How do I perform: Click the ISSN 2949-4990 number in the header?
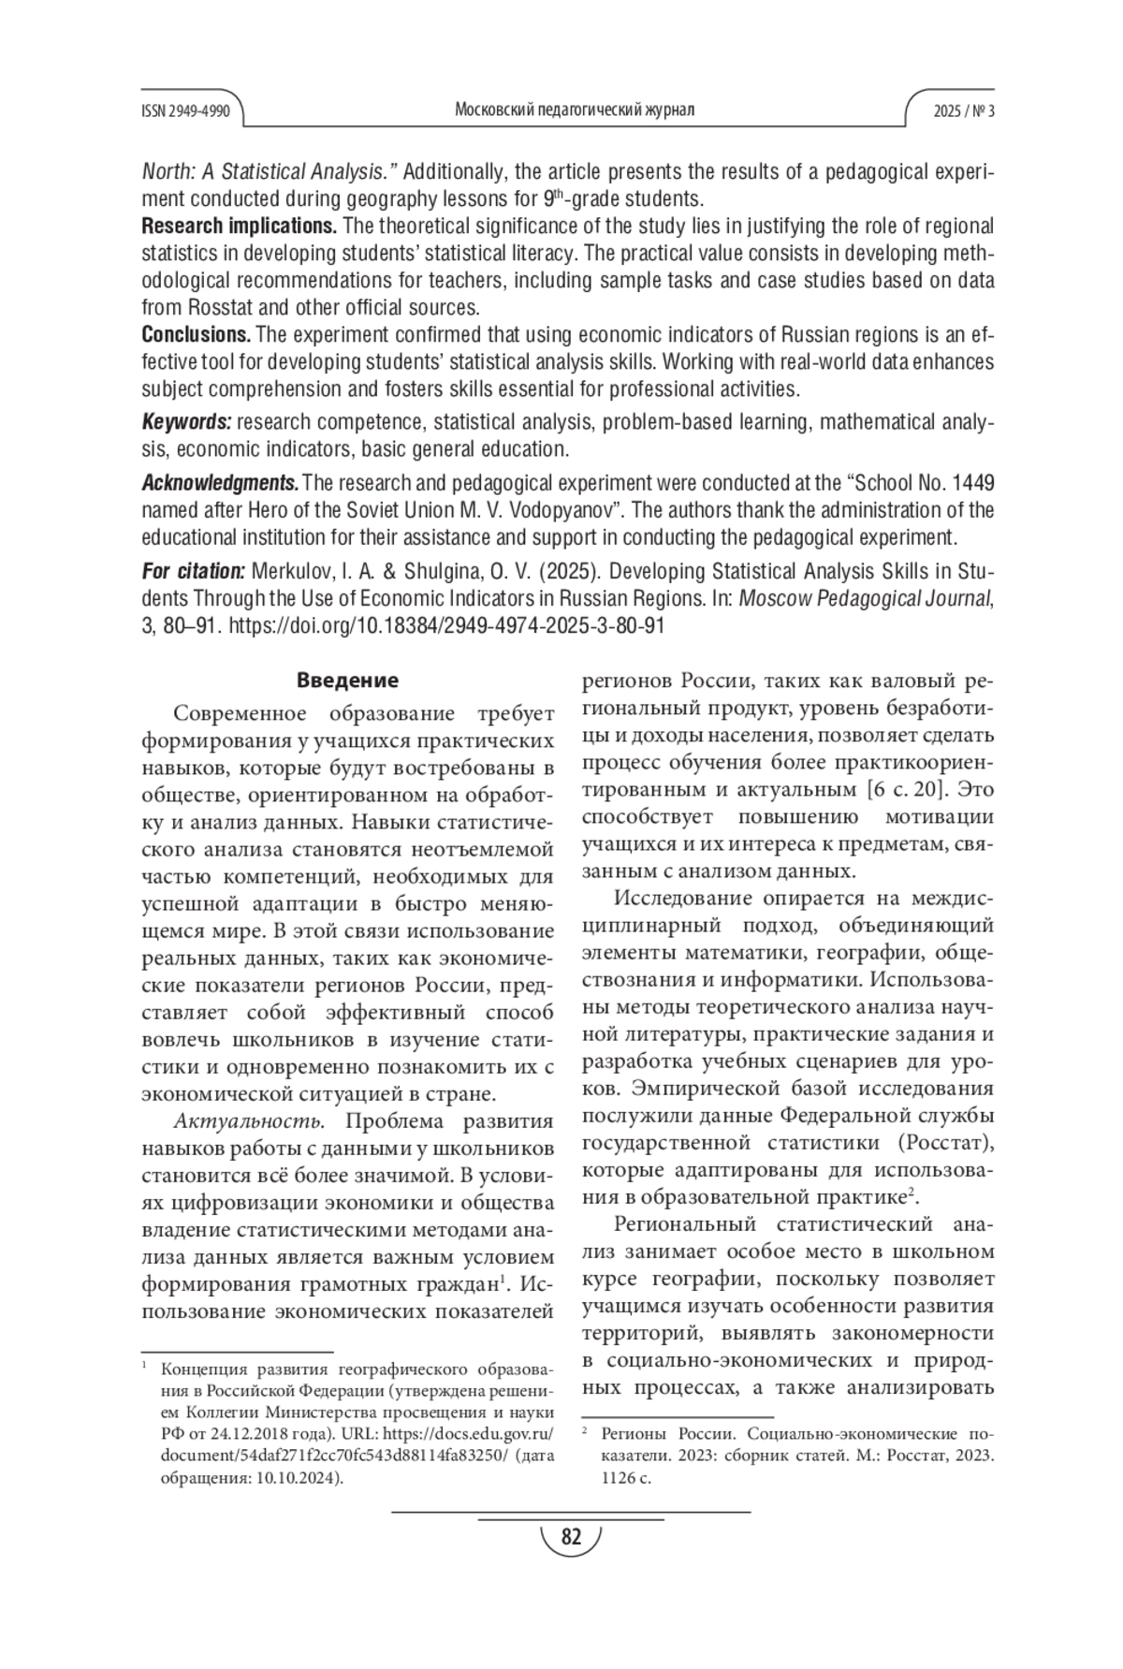pyautogui.click(x=185, y=110)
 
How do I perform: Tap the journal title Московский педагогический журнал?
pyautogui.click(x=574, y=110)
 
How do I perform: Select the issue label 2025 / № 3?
pyautogui.click(x=963, y=110)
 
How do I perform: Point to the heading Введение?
pyautogui.click(x=347, y=681)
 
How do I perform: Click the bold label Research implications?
pyautogui.click(x=240, y=227)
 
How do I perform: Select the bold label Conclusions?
pyautogui.click(x=197, y=334)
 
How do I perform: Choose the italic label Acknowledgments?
pyautogui.click(x=220, y=483)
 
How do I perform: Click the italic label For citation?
pyautogui.click(x=194, y=571)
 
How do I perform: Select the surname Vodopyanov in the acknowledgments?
pyautogui.click(x=557, y=510)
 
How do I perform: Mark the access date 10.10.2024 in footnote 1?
pyautogui.click(x=295, y=1478)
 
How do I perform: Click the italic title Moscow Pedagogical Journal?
pyautogui.click(x=866, y=598)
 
